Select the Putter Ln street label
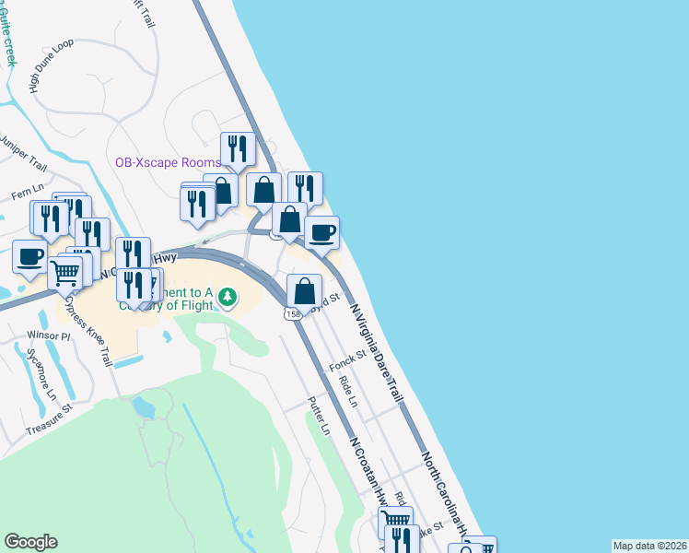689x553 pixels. click(318, 416)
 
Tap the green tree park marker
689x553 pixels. click(228, 297)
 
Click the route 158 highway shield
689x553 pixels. click(293, 314)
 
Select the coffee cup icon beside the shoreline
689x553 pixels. click(321, 233)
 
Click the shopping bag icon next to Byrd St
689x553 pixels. click(304, 291)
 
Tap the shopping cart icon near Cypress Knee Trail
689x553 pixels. click(64, 273)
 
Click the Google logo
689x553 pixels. click(30, 542)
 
